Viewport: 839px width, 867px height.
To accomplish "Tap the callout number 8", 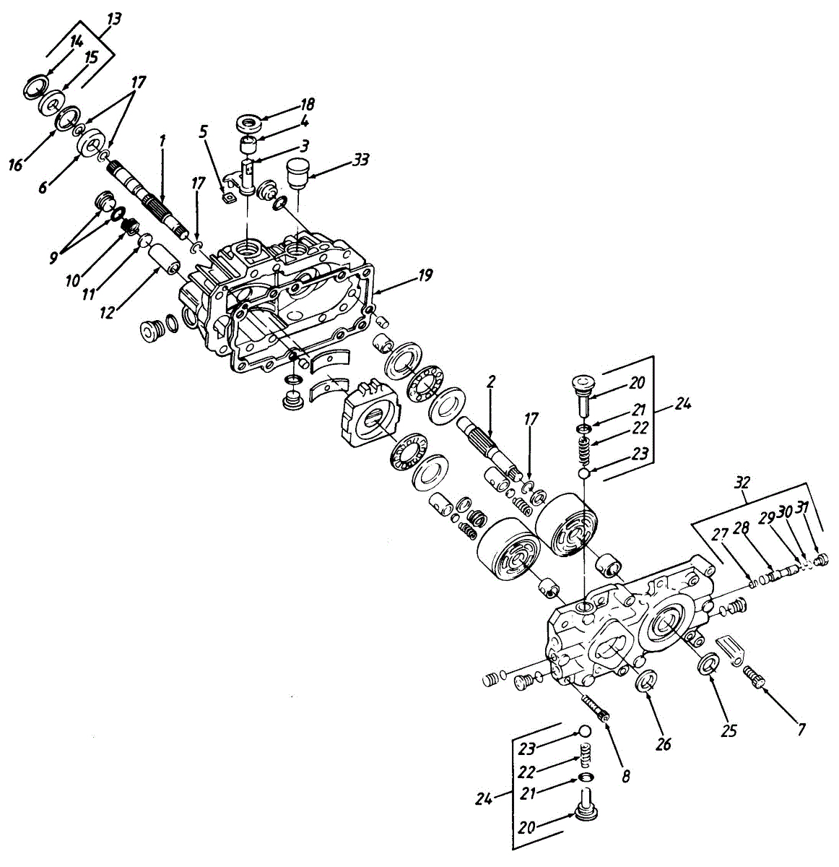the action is [x=626, y=777].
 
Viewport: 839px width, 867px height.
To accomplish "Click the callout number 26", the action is [x=664, y=743].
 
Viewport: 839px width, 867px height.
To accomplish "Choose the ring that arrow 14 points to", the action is [x=34, y=87].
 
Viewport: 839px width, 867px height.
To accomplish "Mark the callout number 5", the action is [x=204, y=132].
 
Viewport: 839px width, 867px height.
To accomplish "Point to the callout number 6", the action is [x=43, y=186].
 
